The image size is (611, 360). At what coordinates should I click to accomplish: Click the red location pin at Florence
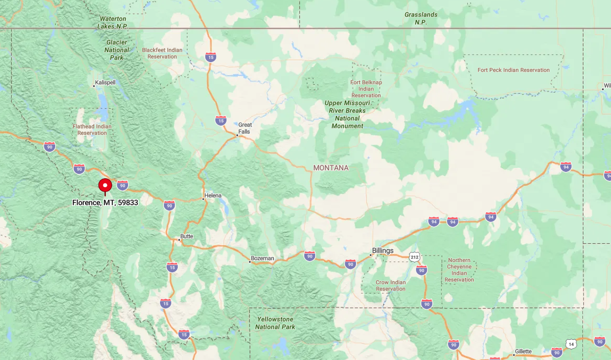click(105, 186)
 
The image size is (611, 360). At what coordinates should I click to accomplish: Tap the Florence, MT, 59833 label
click(105, 202)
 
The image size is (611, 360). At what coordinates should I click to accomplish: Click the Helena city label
click(213, 196)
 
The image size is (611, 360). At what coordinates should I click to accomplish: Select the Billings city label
click(383, 251)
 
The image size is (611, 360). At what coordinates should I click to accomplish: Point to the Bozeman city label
click(262, 259)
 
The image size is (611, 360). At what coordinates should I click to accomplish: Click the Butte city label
click(187, 236)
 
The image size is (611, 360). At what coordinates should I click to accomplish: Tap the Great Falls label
click(245, 128)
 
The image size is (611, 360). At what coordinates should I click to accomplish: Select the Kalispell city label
click(105, 83)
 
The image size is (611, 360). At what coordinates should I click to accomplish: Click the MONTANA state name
click(331, 168)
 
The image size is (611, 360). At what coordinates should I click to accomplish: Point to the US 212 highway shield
click(414, 257)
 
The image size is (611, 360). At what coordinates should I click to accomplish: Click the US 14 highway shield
click(571, 344)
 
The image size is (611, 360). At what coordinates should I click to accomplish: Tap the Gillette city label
click(523, 351)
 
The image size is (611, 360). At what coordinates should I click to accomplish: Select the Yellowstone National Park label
click(275, 323)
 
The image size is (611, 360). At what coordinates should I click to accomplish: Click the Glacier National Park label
click(117, 50)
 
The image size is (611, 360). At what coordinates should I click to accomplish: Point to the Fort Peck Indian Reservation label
click(514, 70)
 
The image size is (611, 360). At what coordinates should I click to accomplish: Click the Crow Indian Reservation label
click(390, 286)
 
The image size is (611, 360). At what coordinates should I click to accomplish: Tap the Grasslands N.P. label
click(420, 18)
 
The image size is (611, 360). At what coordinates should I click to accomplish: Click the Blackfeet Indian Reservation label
click(162, 53)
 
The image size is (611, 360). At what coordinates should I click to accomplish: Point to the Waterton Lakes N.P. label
click(112, 22)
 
